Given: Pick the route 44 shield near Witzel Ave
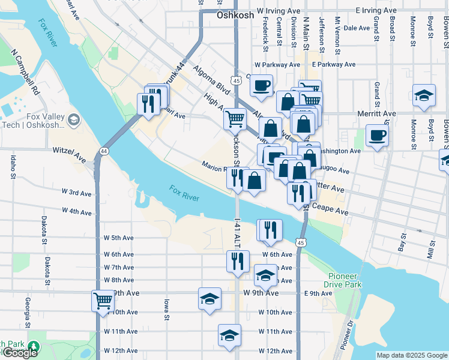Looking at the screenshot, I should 104,150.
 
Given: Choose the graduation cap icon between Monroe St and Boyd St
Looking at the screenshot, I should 424,95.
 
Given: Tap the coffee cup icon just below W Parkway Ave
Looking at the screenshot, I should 261,85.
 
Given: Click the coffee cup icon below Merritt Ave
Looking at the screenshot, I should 376,135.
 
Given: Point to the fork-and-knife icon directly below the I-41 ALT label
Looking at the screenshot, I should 238,261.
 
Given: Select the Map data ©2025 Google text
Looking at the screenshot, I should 412,355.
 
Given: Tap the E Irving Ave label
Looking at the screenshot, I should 376,11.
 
